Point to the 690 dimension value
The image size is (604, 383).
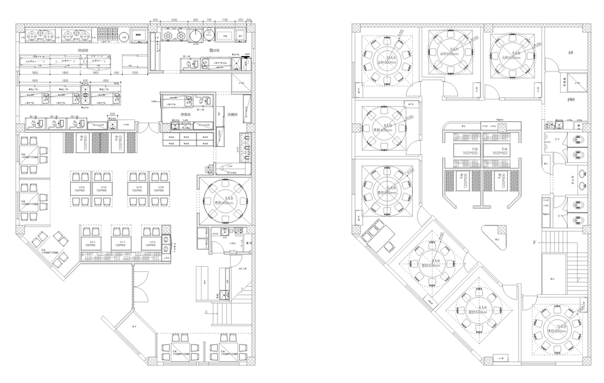click(116, 73)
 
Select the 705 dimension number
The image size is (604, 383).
click(209, 20)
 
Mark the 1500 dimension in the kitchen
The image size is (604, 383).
click(135, 73)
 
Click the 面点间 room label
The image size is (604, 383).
click(215, 50)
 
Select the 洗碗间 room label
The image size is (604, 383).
click(233, 114)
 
